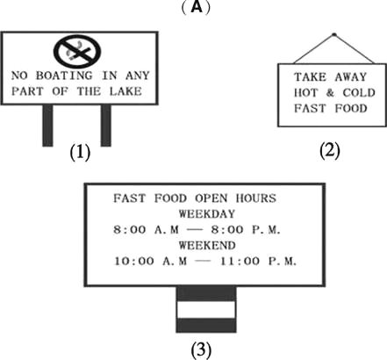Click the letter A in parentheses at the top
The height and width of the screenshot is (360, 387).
pos(197,7)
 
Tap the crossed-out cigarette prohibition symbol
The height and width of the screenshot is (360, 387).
pos(77,52)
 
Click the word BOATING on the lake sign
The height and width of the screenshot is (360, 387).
pos(64,76)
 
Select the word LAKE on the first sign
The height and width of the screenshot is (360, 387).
pos(125,91)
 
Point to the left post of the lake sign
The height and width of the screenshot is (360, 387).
pos(48,126)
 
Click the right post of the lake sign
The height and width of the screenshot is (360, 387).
pos(106,126)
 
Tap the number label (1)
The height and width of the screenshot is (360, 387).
pos(80,152)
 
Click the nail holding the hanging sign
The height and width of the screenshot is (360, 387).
pos(334,35)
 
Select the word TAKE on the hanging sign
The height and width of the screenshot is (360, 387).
pos(310,77)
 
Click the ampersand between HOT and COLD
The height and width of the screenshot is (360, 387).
pos(330,93)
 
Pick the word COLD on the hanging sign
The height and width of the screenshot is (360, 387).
pos(359,93)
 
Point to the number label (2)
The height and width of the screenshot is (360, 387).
pos(330,150)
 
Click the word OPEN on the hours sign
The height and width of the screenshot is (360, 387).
pos(211,198)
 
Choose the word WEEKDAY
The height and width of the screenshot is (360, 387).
pos(207,214)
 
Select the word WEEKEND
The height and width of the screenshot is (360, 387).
pos(207,245)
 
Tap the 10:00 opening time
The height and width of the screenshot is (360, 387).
pos(134,261)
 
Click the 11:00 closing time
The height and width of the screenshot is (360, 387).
pos(240,261)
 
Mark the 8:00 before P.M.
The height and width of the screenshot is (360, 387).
pos(227,229)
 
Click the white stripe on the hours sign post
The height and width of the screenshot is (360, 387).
pos(206,310)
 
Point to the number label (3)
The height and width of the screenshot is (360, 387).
pos(201,349)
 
